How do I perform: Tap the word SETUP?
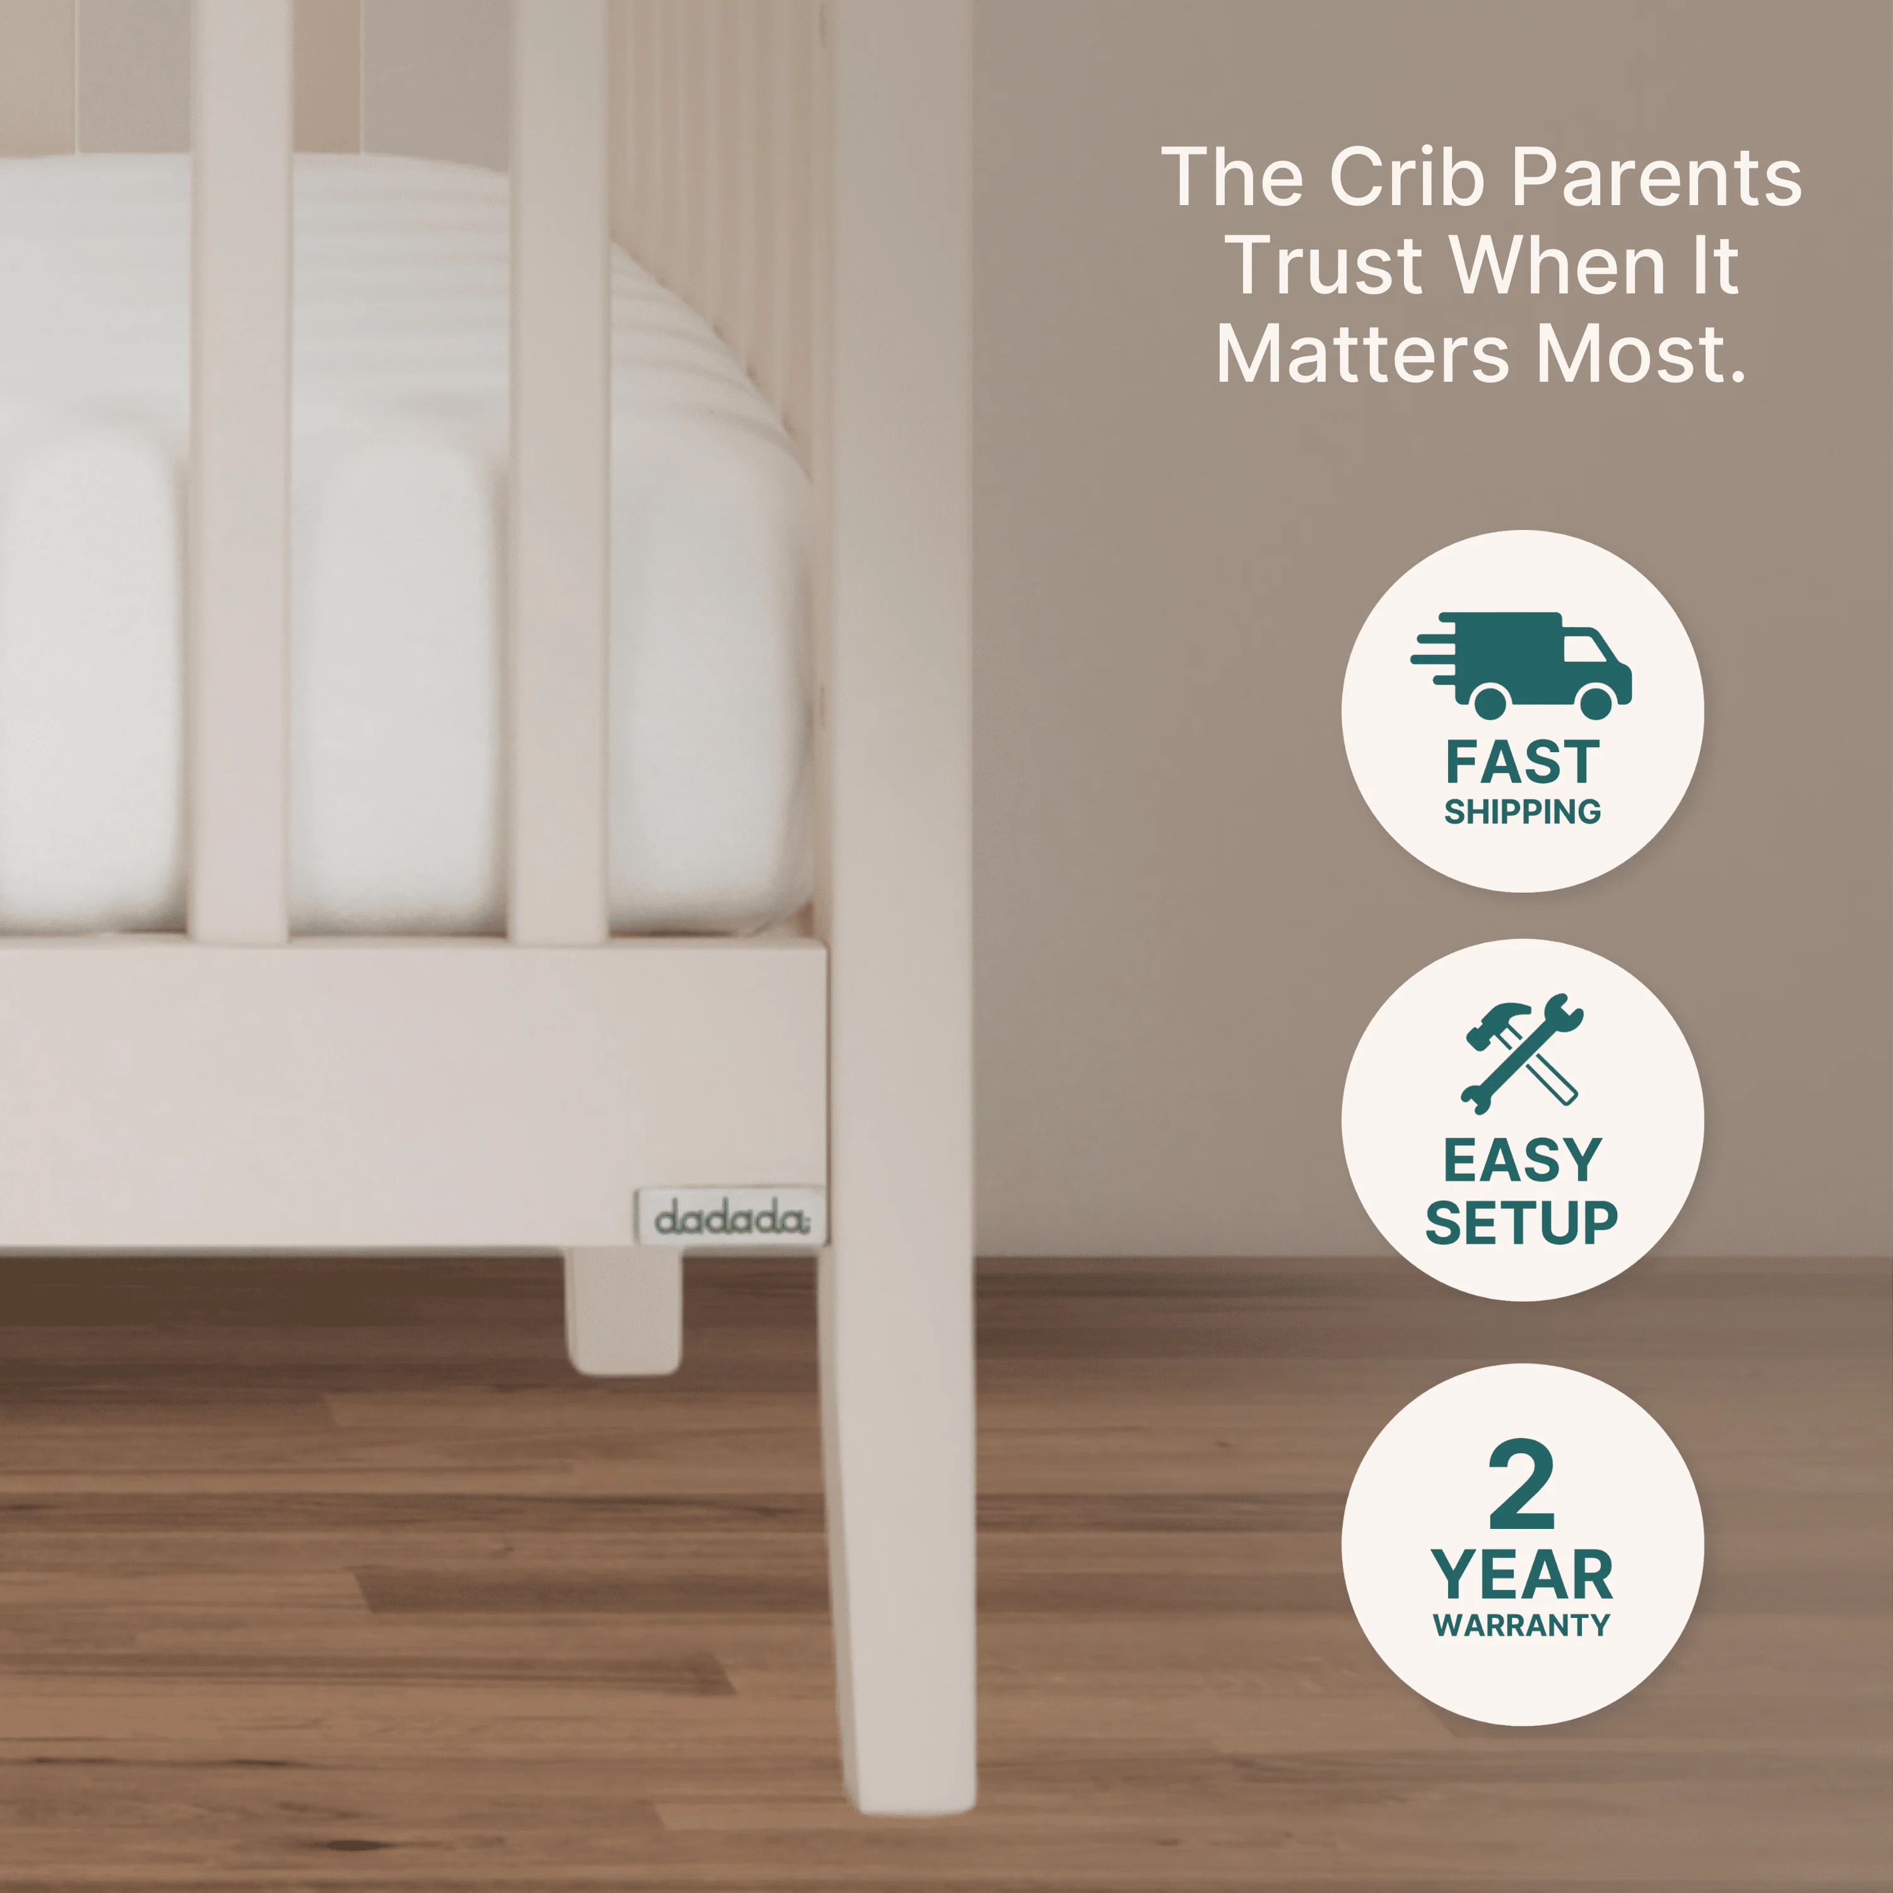point(1521,1223)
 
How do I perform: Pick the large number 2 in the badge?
point(1521,1483)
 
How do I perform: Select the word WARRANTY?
point(1521,1625)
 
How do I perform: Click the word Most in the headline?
point(1641,354)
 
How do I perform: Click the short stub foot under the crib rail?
point(622,1311)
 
